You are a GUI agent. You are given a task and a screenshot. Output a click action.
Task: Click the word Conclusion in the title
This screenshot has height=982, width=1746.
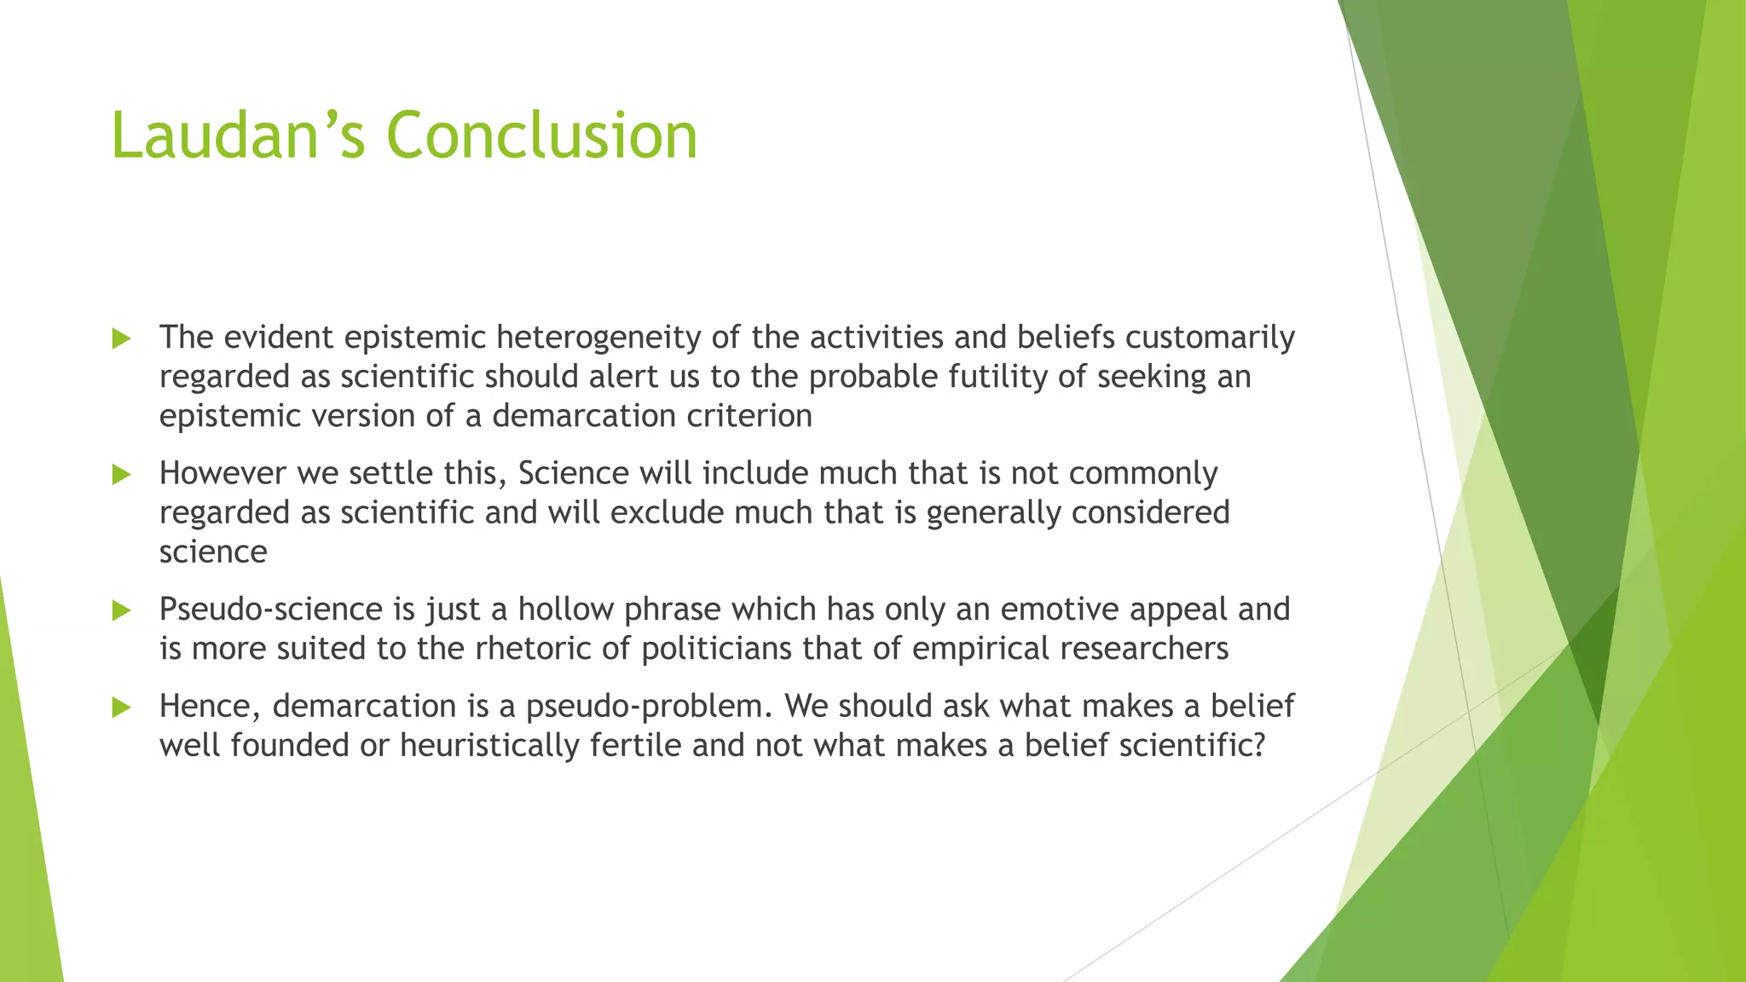coord(541,136)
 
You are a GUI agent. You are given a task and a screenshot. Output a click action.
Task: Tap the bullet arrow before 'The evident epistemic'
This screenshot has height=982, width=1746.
coord(122,339)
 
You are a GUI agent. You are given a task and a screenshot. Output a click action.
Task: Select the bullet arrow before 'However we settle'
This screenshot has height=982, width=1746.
coord(122,475)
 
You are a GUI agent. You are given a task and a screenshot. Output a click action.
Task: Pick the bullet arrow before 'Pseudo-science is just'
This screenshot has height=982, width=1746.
coord(122,610)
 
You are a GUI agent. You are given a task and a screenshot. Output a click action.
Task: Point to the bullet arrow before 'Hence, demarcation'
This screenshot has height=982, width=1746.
coord(122,708)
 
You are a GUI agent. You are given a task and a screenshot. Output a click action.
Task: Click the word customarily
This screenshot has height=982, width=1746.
coord(1210,338)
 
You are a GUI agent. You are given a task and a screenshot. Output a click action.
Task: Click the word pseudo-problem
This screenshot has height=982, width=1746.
coord(650,707)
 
